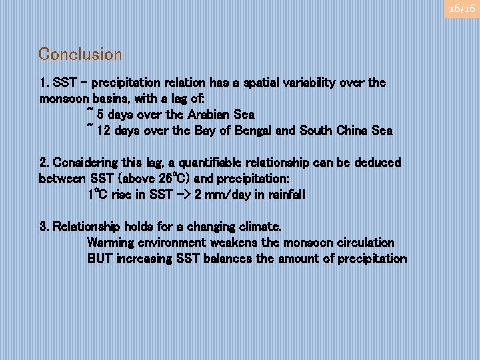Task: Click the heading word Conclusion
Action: coord(81,54)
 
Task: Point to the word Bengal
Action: coord(251,131)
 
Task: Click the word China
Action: coord(352,131)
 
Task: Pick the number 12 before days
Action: coord(104,131)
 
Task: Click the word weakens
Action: coord(234,243)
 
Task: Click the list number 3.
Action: coord(43,227)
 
